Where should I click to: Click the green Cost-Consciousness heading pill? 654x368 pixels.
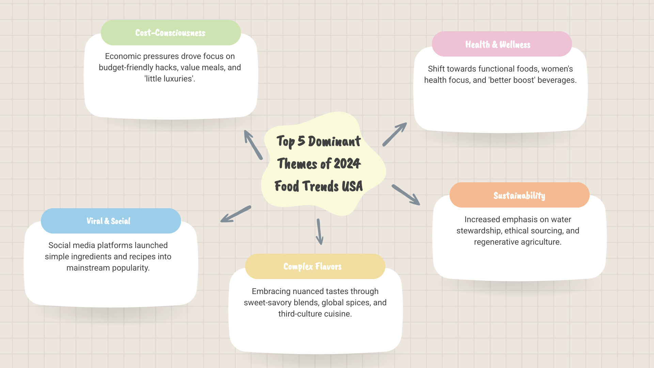tap(170, 33)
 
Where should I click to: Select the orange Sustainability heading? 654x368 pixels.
tap(519, 195)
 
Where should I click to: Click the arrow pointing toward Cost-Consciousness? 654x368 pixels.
tap(253, 145)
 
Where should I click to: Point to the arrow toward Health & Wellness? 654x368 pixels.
tap(394, 134)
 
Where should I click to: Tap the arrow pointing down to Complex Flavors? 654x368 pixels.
tap(320, 232)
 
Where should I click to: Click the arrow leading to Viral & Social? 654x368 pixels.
tap(236, 214)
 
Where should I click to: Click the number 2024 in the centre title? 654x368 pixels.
tap(347, 164)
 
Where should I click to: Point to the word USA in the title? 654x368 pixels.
tap(352, 186)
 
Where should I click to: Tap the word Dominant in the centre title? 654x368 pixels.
tap(334, 141)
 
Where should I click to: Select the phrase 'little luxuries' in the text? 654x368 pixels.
tap(169, 79)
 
